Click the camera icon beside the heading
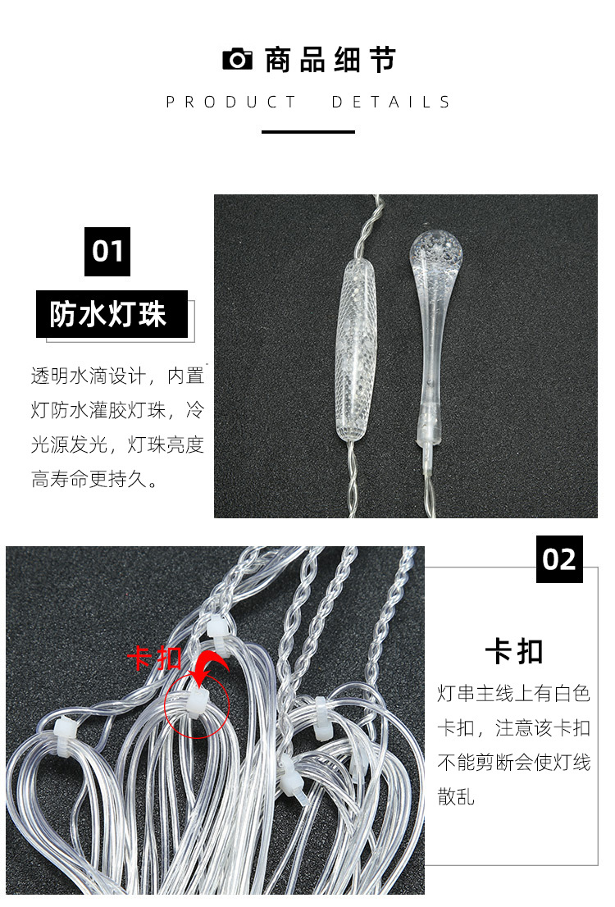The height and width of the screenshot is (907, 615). (238, 60)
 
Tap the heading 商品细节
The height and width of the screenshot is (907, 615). (330, 60)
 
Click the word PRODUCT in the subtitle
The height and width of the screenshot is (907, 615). (231, 103)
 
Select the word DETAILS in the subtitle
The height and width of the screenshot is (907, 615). (391, 103)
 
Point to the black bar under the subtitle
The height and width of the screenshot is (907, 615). (308, 131)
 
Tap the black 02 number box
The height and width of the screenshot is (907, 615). (559, 559)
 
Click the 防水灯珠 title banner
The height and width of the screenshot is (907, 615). (112, 314)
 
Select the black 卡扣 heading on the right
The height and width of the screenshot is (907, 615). (514, 653)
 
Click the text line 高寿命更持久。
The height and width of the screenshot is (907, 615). (95, 480)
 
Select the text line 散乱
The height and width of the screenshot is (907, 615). (456, 796)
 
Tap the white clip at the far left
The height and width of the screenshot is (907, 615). (64, 727)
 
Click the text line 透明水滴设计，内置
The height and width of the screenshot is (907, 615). (117, 376)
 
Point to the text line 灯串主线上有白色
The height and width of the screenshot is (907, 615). (513, 694)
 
